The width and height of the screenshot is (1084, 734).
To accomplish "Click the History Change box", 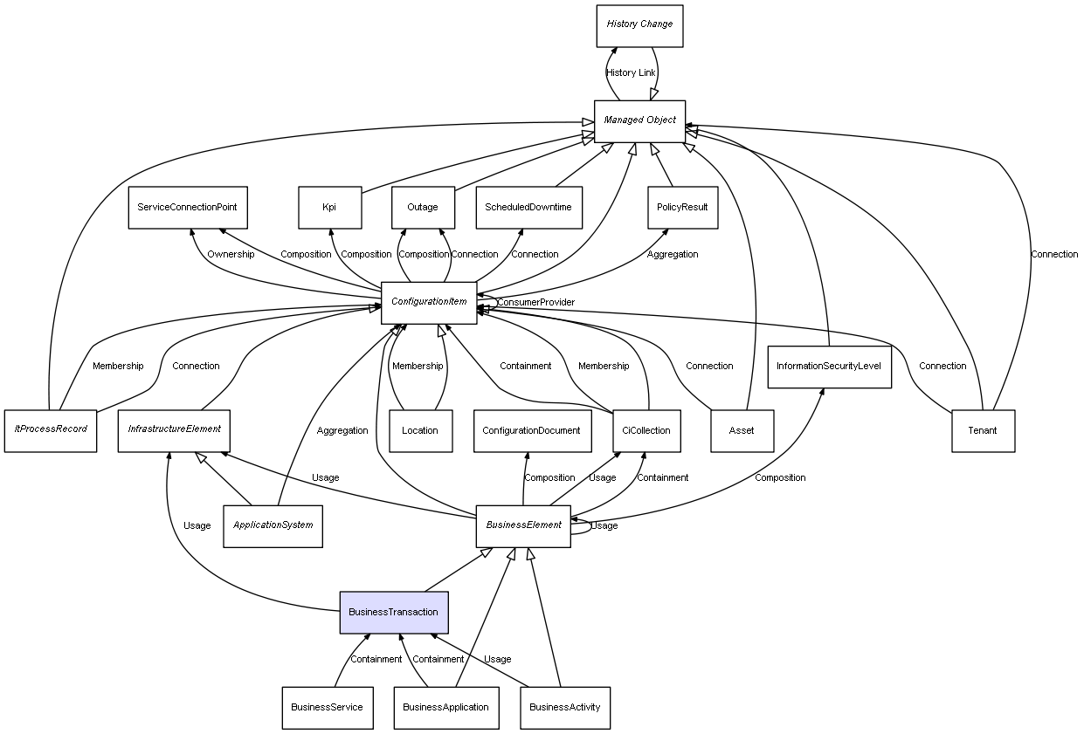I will [639, 25].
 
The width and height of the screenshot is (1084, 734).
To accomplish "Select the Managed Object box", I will [639, 120].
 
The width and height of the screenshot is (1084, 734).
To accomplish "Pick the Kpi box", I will [329, 208].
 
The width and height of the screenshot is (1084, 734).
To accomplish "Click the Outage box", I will [423, 208].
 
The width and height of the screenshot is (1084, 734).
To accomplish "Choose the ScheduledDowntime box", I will [529, 208].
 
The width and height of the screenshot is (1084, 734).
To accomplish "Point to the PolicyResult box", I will [683, 208].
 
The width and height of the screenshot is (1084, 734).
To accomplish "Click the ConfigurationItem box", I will [429, 302].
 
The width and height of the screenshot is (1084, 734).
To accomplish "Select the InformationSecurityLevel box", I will [829, 367].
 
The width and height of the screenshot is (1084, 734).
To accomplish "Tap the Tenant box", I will [983, 430].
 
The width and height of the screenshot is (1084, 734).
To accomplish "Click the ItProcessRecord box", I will [51, 430].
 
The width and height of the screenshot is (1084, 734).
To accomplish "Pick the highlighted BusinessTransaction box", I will [394, 613].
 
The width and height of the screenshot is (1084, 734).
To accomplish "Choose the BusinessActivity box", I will [565, 707].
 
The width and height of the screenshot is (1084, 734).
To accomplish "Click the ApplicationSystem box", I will [273, 525].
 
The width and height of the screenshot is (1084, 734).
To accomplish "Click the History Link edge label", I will [631, 73].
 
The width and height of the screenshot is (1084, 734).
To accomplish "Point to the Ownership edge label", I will [231, 255].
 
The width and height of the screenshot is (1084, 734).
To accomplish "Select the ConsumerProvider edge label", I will [535, 302].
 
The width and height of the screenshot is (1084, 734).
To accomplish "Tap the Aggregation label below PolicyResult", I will [673, 255].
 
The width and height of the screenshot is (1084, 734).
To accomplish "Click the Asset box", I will [742, 430].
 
